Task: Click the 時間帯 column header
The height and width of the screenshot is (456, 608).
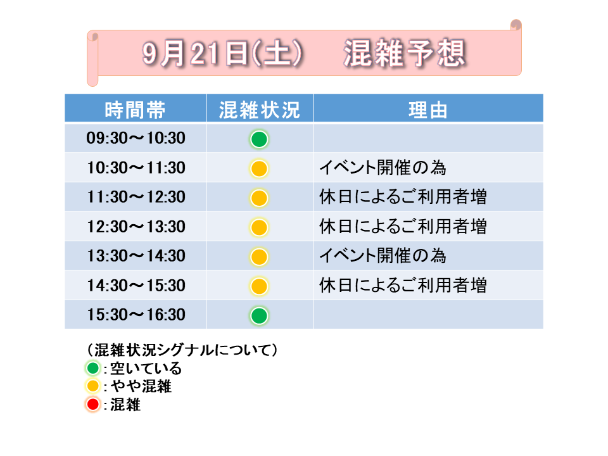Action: [135, 110]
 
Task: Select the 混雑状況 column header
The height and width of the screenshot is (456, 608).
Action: [260, 110]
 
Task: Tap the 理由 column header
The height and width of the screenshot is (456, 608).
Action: [428, 110]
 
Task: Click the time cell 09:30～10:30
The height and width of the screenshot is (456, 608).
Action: [136, 138]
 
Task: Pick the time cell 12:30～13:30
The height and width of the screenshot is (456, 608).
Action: [136, 227]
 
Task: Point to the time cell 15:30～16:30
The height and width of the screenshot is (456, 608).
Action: [136, 315]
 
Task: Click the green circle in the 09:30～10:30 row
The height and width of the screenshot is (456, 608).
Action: [259, 139]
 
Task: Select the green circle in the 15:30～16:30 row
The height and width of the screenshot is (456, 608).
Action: [259, 315]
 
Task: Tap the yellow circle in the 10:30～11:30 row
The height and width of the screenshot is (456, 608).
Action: [259, 168]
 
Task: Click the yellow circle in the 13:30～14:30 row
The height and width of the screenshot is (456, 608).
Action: [259, 256]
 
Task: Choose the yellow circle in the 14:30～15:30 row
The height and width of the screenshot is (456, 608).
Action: [259, 286]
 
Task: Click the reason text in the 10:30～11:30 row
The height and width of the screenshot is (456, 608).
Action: [383, 167]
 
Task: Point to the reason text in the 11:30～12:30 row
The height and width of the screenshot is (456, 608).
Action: [403, 196]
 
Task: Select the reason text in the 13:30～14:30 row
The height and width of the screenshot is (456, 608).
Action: [383, 255]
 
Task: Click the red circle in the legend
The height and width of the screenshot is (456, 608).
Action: [92, 405]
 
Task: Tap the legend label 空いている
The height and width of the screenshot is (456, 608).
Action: [146, 369]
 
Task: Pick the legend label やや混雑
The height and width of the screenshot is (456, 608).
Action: [141, 386]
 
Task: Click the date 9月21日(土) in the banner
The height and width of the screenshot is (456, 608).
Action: [222, 53]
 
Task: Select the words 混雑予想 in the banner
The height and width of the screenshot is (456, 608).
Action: [405, 53]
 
